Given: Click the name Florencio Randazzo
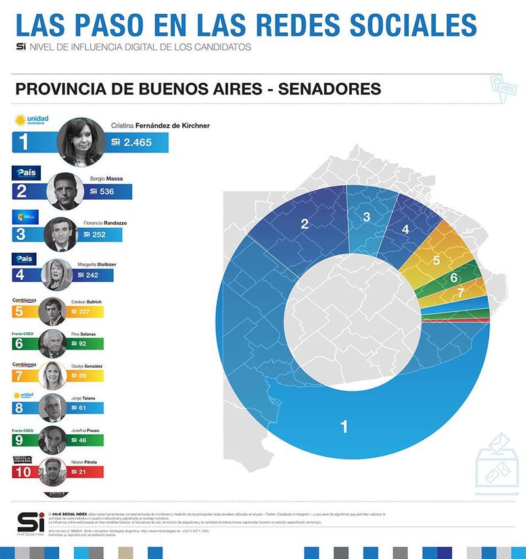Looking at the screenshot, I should [x=105, y=223].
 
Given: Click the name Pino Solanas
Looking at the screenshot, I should [x=82, y=334].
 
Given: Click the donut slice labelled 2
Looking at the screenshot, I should [x=304, y=224].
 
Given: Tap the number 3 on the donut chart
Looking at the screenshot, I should [x=366, y=217].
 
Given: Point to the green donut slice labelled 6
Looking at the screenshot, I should [x=454, y=277].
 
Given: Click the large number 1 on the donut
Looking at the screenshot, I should [x=343, y=427].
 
